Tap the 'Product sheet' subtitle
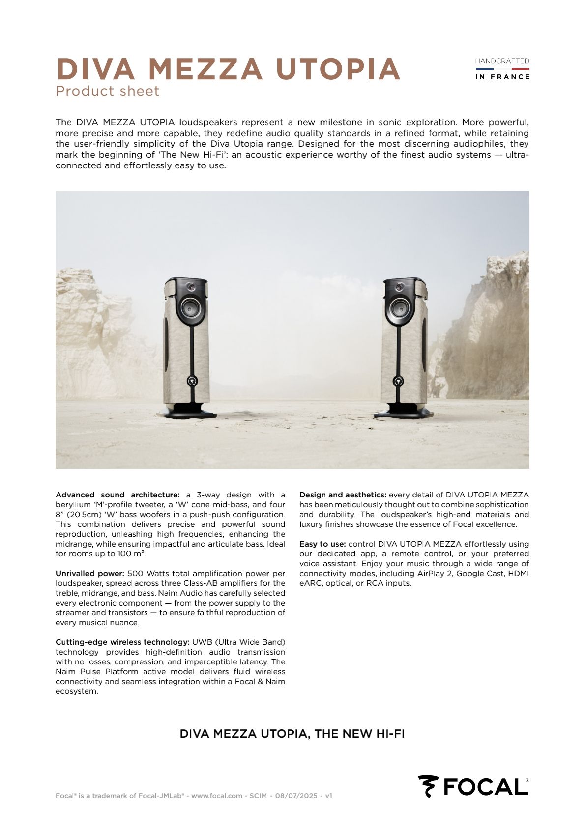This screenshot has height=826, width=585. (107, 91)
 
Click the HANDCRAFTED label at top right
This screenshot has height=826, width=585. (502, 61)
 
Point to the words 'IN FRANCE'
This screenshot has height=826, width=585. (502, 77)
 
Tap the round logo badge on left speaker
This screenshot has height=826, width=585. (192, 381)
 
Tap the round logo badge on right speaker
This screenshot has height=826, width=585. (398, 381)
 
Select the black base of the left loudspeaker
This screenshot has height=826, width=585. (187, 412)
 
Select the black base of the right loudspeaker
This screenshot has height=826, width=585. (403, 412)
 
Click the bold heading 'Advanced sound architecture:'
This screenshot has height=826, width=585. (117, 495)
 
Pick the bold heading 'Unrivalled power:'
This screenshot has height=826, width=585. (90, 574)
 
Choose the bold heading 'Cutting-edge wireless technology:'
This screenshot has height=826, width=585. (122, 642)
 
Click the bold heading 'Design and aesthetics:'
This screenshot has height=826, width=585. (343, 495)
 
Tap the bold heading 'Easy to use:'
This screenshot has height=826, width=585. (322, 544)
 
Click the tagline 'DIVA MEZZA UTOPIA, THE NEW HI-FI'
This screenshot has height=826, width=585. (292, 734)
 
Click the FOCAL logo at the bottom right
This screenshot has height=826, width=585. (473, 787)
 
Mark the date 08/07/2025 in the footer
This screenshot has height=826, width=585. (296, 796)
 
